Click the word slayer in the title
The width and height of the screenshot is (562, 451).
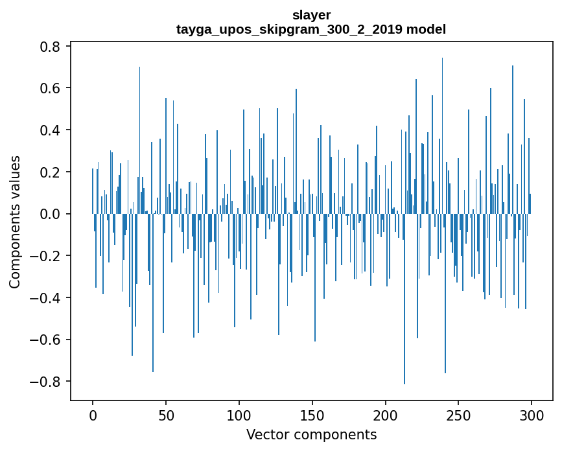coord(311,15)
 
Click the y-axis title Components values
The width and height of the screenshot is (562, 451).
coord(15,222)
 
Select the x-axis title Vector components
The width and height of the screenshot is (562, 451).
coord(311,434)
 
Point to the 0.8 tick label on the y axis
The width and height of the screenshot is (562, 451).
coord(51,47)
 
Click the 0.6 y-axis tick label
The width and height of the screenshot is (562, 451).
coord(51,88)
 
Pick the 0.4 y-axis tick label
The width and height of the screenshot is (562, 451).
coord(51,130)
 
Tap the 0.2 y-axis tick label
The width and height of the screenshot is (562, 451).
coord(51,172)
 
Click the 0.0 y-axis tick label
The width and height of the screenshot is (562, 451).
coord(51,214)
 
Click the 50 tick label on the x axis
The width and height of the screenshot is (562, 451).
coord(166,415)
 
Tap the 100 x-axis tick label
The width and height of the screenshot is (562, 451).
coord(239,415)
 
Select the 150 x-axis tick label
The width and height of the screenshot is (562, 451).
coord(312,415)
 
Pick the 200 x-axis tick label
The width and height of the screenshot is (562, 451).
coord(386,415)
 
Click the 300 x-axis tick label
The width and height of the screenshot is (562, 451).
coord(532,415)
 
